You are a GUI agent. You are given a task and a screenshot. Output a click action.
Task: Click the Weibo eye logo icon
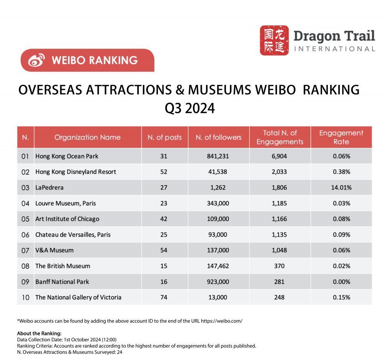[37, 60]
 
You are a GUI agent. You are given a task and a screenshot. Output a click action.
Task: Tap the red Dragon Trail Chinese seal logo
[274, 40]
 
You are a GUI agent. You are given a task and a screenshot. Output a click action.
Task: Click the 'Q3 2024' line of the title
[189, 108]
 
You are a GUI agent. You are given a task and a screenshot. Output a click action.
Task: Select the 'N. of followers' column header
[219, 137]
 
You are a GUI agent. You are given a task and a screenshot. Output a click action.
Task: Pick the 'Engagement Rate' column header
[341, 137]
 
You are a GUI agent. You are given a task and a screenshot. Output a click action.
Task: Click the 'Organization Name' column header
[88, 137]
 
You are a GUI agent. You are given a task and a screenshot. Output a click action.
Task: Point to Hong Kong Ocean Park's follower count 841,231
[219, 156]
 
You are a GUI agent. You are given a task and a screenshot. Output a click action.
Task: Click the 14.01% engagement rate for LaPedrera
[341, 188]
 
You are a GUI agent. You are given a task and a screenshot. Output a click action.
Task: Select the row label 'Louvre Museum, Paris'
[65, 203]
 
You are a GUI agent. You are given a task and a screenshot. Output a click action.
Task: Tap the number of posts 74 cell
[163, 297]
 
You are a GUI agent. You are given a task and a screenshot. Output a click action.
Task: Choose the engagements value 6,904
[280, 156]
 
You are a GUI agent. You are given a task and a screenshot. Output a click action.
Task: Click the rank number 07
[25, 251]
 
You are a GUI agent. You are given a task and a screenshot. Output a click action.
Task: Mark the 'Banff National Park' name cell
[62, 282]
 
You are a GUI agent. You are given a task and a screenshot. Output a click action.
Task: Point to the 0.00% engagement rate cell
[341, 282]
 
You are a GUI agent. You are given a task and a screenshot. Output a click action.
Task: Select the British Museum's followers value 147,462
[219, 266]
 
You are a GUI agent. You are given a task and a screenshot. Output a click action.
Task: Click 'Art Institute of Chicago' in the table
[67, 219]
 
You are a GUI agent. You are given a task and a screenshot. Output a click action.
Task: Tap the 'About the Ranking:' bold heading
[39, 334]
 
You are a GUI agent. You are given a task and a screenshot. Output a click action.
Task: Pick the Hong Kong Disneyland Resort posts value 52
[163, 172]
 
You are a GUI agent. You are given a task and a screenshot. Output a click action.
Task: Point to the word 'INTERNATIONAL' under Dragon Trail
[334, 49]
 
